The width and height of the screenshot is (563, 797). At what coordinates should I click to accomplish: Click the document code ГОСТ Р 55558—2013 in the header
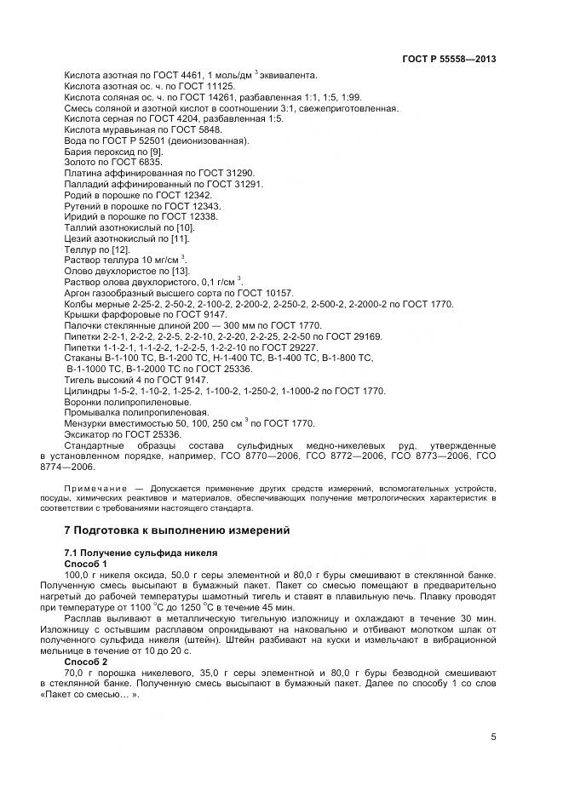tap(449, 60)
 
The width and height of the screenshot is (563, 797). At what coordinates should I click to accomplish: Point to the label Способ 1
tap(87, 564)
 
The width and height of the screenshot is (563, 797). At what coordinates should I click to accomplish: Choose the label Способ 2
tap(87, 661)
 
